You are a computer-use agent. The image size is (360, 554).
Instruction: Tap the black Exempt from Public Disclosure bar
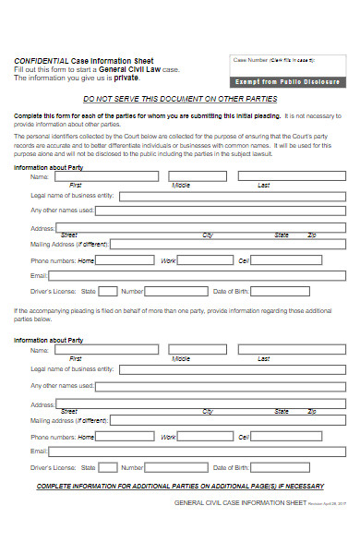285,81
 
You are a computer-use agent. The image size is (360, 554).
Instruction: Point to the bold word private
127,78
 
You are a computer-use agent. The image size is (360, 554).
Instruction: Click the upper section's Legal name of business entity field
232,196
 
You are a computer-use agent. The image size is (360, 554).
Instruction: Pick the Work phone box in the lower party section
206,436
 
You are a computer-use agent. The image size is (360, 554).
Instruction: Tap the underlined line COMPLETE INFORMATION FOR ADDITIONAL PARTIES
180,486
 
